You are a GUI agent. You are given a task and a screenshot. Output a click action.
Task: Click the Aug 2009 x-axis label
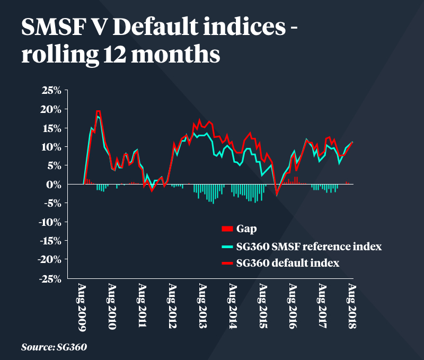pyautogui.click(x=82, y=307)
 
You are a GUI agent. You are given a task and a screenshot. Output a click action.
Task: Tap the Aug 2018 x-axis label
pyautogui.click(x=352, y=307)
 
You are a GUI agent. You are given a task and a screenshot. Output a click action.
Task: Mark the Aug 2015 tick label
pyautogui.click(x=262, y=307)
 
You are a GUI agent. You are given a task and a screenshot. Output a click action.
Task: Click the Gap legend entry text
pyautogui.click(x=248, y=229)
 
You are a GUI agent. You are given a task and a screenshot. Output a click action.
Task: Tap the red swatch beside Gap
pyautogui.click(x=227, y=229)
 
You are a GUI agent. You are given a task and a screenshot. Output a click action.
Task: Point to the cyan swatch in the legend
pyautogui.click(x=227, y=246)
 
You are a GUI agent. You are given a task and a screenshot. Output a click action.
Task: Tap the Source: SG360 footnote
pyautogui.click(x=54, y=347)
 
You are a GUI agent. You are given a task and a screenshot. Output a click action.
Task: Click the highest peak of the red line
pyautogui.click(x=99, y=111)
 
